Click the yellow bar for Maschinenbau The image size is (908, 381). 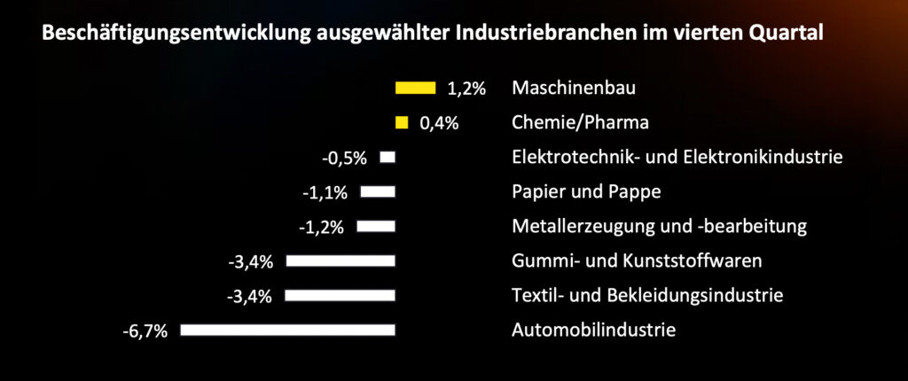[x=415, y=88]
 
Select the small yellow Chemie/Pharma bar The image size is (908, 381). [x=402, y=122]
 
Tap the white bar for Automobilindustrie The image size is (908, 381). [x=287, y=330]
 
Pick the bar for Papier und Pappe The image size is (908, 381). [x=378, y=191]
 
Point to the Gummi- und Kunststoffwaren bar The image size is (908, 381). [x=340, y=260]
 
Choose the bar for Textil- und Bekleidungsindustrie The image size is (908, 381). [x=340, y=295]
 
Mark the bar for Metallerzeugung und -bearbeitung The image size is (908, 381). [x=376, y=226]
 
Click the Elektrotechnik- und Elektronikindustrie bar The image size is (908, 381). [x=387, y=157]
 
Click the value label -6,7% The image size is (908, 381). [x=145, y=332]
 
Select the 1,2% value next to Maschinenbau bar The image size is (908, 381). [x=467, y=89]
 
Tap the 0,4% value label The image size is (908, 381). [x=439, y=123]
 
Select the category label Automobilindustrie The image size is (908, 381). [x=594, y=330]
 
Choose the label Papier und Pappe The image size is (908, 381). [x=587, y=192]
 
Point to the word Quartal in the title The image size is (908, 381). [x=787, y=35]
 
